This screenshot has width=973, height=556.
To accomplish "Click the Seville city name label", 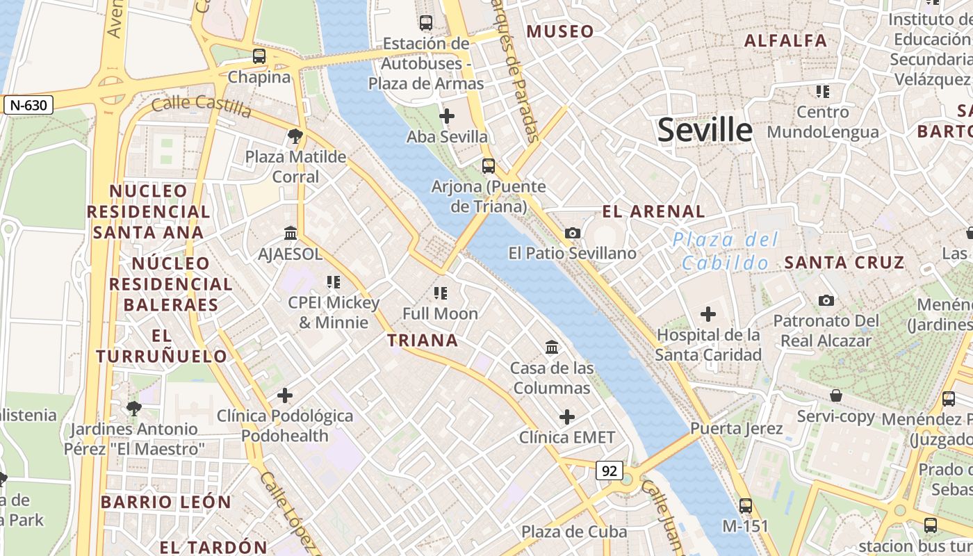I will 705,130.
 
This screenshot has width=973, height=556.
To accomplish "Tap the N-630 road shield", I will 28,106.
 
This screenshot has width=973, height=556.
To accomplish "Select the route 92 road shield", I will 610,471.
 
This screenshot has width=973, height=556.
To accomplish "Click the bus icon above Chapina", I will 259,56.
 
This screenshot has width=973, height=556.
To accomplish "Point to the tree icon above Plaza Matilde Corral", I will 295,136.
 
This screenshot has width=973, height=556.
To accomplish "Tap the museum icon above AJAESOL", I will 291,234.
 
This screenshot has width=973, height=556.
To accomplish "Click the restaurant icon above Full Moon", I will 440,293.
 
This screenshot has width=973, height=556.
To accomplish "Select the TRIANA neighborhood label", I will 423,340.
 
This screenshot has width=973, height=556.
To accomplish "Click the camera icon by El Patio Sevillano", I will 573,233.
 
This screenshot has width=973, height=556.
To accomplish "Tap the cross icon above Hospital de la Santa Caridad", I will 708,314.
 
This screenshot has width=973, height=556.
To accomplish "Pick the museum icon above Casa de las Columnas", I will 552,347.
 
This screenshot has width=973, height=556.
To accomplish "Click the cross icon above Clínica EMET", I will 567,417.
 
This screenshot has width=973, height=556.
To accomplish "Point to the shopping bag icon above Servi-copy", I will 835,395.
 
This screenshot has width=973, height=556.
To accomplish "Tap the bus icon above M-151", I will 746,505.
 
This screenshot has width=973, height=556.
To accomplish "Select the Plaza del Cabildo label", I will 726,252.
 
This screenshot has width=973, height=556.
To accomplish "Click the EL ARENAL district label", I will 653,211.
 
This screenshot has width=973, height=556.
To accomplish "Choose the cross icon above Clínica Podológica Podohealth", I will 284,395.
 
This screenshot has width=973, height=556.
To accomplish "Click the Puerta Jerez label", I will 736,428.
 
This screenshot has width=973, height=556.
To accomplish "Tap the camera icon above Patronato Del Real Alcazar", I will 826,300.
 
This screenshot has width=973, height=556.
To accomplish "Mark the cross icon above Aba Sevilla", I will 447,116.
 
